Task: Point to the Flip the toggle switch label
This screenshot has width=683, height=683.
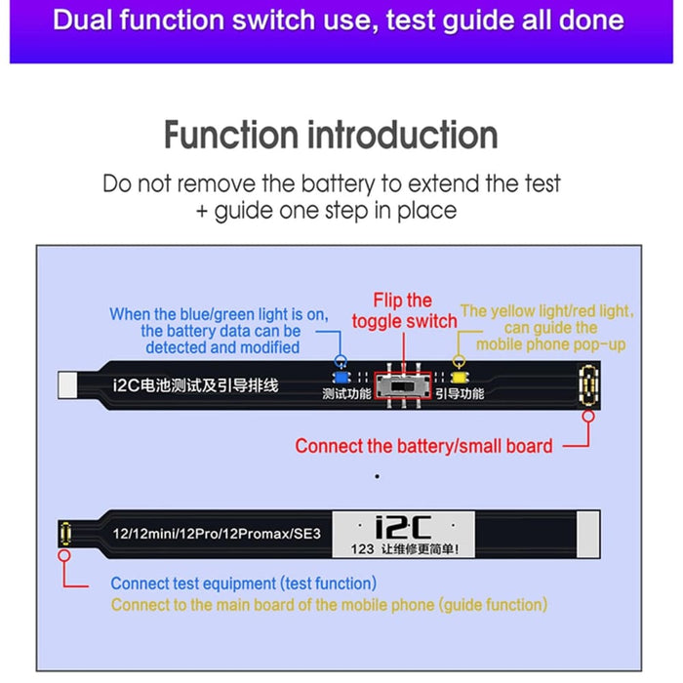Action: (404, 310)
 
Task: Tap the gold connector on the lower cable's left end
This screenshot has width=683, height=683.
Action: (64, 535)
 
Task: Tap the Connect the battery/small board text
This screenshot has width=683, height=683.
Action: (423, 446)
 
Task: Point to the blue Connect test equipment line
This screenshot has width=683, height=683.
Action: (243, 583)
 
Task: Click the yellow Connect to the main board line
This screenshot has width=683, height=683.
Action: (329, 605)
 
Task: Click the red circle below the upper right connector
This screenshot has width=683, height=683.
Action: (589, 416)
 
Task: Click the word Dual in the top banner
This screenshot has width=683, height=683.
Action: (88, 20)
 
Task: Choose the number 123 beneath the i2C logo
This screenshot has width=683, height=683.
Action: (362, 549)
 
